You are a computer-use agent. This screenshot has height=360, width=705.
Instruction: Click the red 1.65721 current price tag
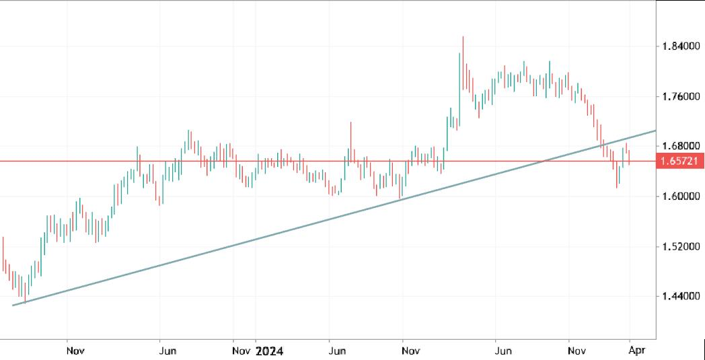point(680,161)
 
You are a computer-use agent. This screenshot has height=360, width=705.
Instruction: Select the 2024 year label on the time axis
point(269,351)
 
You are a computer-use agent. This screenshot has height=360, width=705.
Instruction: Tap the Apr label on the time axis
point(630,351)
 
